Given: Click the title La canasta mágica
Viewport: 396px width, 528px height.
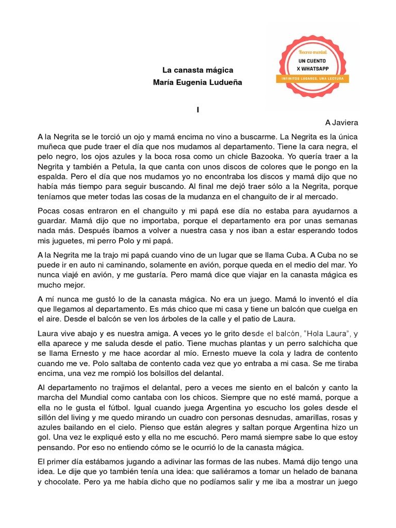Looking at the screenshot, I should pyautogui.click(x=198, y=70).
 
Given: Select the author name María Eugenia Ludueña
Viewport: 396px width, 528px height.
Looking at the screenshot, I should pyautogui.click(x=198, y=82).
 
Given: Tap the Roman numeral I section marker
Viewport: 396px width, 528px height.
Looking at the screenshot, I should pyautogui.click(x=197, y=109).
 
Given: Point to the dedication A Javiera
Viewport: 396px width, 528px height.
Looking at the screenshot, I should pyautogui.click(x=341, y=123).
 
